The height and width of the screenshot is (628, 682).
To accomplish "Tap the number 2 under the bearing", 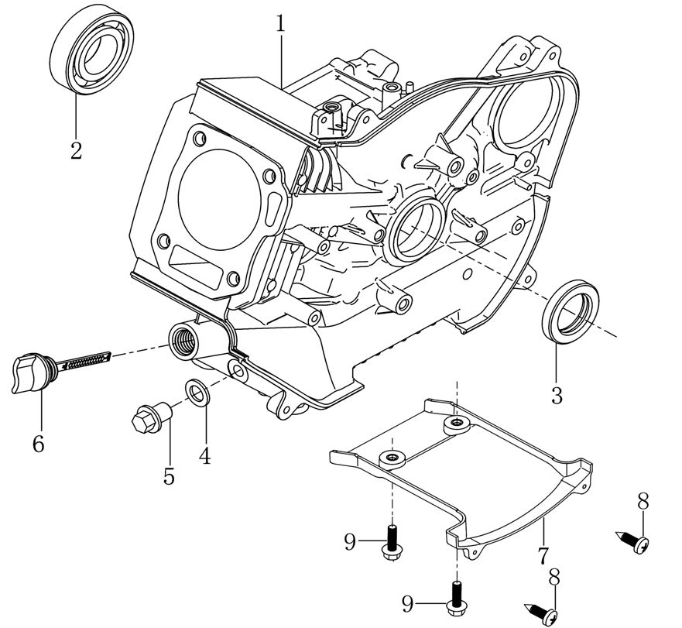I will click(76, 149).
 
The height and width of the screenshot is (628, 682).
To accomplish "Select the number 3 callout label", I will click(557, 395).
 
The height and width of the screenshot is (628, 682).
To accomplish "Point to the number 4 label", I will click(204, 456).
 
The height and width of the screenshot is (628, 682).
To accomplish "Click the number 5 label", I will click(169, 475).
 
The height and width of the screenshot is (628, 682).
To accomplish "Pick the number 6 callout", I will click(38, 444).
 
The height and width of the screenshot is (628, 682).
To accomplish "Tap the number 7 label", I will click(543, 555).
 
